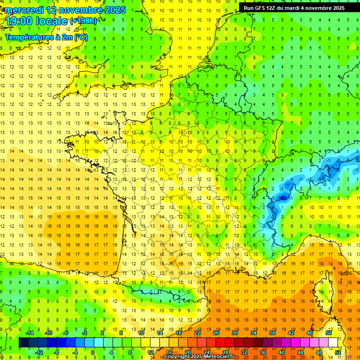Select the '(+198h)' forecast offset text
pos(83,21)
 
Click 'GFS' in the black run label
pos(263,8)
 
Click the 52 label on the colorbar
pos(338,352)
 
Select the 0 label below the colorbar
pos(93,352)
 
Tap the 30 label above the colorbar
pos(234,333)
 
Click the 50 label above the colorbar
pos(328,333)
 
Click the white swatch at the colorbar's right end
pos(333,343)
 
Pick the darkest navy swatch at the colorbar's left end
pos(24,343)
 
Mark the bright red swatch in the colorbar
pos(221,343)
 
